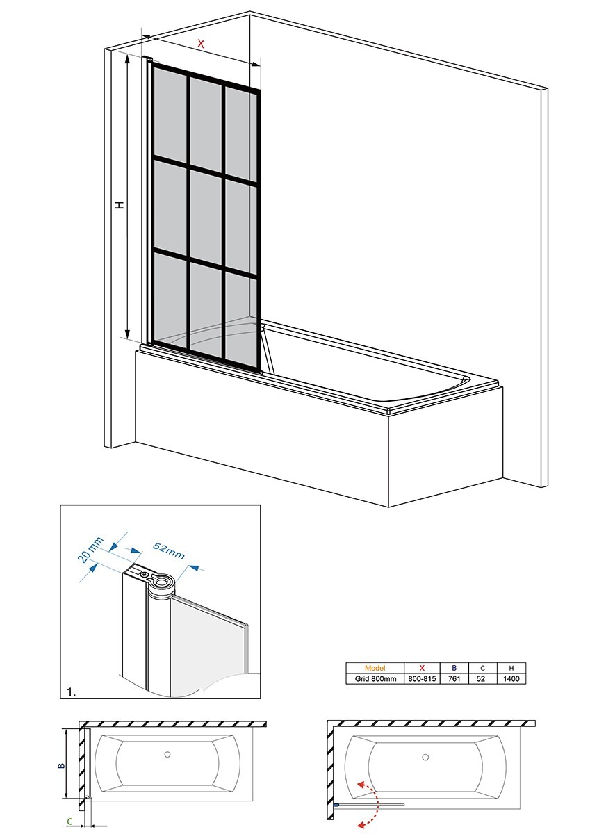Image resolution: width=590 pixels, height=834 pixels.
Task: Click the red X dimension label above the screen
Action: [x=201, y=44]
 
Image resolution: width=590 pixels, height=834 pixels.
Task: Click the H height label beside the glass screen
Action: [x=119, y=205]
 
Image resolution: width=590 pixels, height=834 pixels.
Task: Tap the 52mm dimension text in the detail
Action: [x=170, y=549]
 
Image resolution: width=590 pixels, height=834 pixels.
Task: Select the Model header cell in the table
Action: [x=375, y=668]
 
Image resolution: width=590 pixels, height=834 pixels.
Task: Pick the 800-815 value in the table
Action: [x=422, y=679]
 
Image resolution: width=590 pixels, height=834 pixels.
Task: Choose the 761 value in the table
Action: [x=454, y=679]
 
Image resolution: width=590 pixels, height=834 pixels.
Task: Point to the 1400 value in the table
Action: [x=511, y=679]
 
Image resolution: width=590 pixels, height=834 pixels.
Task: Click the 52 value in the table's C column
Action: [x=482, y=679]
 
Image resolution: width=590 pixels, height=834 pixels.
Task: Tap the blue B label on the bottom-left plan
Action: [x=61, y=765]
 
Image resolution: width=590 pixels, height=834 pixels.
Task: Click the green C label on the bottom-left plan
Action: [x=69, y=821]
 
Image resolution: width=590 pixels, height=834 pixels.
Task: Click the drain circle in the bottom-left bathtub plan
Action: [x=167, y=755]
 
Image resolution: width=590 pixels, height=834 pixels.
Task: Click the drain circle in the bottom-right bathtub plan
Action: [x=425, y=757]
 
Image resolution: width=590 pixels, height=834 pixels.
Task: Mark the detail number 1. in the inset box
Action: [x=71, y=691]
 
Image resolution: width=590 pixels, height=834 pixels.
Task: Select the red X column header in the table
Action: [x=422, y=668]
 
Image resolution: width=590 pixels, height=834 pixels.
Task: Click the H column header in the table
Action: [x=511, y=668]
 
